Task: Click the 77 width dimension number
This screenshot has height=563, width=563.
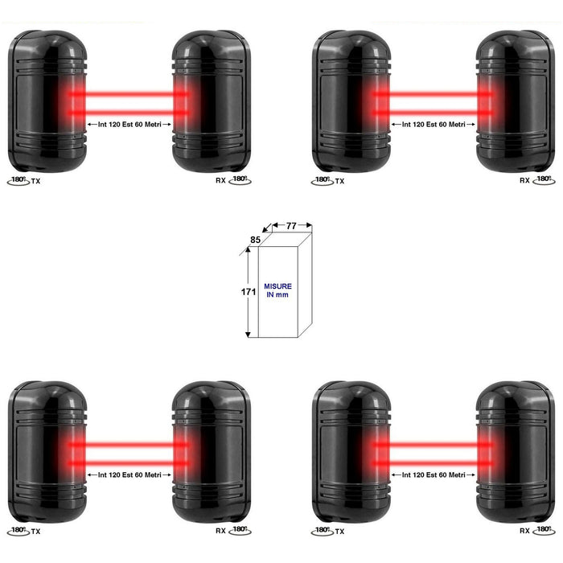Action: (291, 226)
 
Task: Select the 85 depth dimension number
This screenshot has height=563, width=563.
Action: (255, 240)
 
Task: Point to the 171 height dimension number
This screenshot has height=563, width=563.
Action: (248, 292)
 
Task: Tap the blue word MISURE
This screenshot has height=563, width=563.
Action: (278, 286)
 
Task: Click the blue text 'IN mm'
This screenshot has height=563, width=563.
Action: (277, 295)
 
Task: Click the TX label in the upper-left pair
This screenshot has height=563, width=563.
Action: (35, 181)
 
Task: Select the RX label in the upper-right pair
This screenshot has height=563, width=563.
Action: (524, 181)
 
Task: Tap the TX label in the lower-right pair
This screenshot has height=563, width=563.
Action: (339, 532)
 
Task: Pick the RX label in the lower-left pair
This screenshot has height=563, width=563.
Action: (220, 531)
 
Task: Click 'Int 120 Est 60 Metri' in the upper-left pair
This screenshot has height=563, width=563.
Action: (129, 124)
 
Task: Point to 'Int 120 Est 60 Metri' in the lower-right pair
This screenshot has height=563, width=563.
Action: (434, 475)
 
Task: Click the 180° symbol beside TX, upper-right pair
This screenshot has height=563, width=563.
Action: (322, 181)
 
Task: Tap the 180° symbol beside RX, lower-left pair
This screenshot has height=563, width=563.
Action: (240, 531)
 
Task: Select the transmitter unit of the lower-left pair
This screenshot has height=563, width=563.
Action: (47, 452)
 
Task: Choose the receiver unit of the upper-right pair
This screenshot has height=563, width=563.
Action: (516, 101)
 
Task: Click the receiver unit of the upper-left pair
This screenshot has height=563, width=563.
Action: (212, 101)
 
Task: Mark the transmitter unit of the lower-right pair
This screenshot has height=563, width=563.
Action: (351, 452)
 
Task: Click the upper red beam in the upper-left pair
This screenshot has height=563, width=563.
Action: (129, 94)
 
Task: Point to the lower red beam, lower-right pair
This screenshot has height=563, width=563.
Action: (433, 463)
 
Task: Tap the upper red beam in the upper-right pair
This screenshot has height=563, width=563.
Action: (433, 94)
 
